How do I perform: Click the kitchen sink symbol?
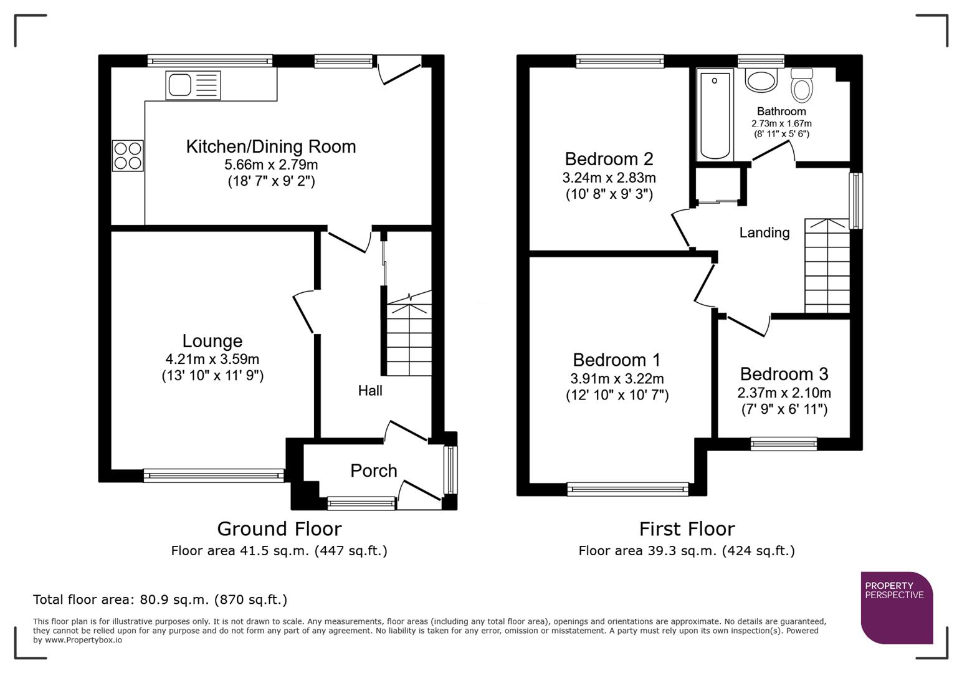tap(193, 85)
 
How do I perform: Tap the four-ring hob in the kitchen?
tap(128, 156)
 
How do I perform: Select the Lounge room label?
tap(212, 341)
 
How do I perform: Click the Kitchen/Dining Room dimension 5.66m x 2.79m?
tap(271, 165)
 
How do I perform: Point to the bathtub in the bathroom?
tap(715, 115)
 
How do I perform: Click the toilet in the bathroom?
tap(802, 85)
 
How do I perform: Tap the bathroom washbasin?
tap(761, 80)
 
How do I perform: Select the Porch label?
tap(373, 470)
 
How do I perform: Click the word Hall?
tap(370, 391)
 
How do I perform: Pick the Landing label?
tap(764, 232)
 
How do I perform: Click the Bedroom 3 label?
tap(784, 374)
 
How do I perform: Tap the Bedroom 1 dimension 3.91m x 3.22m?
tap(617, 379)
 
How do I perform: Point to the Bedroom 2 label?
tap(609, 159)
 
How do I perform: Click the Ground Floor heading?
tap(279, 529)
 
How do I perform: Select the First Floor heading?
tap(687, 529)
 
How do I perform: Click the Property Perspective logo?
tap(896, 608)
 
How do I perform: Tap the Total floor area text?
tap(160, 599)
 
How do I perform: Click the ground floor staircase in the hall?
tap(409, 336)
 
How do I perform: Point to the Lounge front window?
tap(214, 475)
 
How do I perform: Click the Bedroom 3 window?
tap(783, 444)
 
